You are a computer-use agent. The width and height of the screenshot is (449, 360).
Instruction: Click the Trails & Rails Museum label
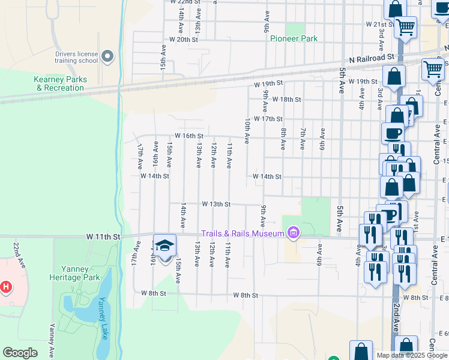point(243,233)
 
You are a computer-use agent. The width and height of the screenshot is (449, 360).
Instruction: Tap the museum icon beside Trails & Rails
point(293,233)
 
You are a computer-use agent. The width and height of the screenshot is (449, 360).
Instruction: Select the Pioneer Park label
point(294,38)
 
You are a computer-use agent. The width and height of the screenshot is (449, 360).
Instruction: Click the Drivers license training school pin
point(108,57)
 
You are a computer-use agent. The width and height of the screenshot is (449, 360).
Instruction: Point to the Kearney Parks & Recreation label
point(60,83)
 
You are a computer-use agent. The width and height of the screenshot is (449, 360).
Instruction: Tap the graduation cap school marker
point(164,246)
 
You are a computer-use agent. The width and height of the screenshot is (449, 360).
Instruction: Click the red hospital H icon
point(5,287)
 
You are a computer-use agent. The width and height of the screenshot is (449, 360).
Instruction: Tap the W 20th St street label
point(184,39)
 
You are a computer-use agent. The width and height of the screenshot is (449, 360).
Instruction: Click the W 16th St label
point(189,136)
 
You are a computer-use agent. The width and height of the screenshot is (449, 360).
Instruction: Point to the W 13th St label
point(216,204)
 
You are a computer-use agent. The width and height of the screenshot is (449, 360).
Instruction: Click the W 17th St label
point(268,119)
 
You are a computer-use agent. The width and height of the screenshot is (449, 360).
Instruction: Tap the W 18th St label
point(286,99)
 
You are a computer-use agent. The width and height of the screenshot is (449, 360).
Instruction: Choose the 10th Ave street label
point(247,130)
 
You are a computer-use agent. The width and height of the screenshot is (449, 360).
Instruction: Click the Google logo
point(20,353)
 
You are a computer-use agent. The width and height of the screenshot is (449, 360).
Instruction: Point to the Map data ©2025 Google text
point(406,355)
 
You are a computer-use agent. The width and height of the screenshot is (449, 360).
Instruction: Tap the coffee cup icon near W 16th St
point(393,133)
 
